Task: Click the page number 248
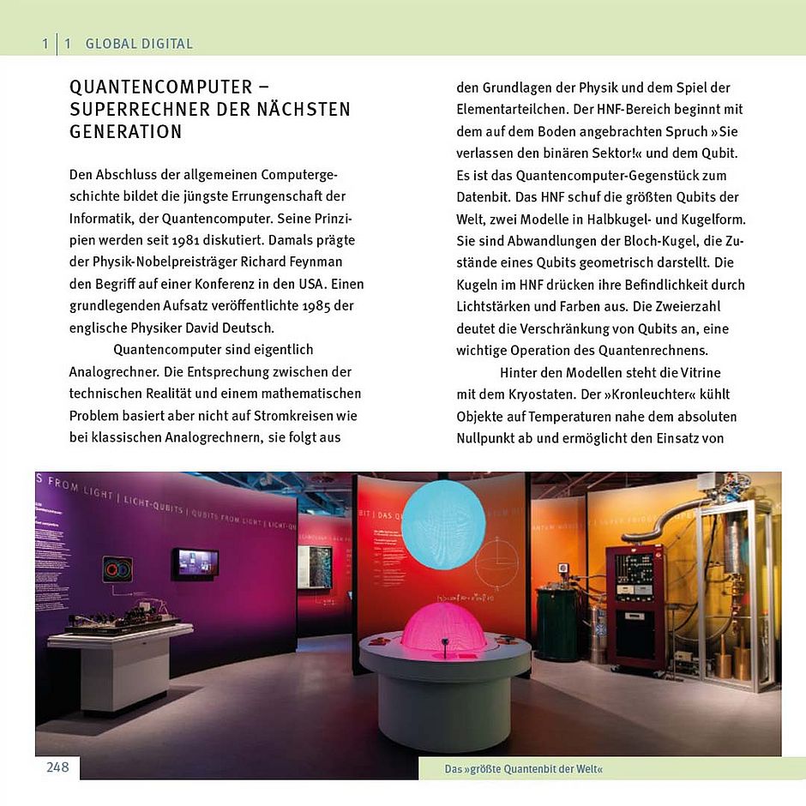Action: tap(57, 767)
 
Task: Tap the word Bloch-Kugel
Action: tap(649, 241)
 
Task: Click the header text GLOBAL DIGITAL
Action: tap(139, 44)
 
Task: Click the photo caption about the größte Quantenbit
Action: tap(523, 769)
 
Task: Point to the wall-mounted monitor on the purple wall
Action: tap(195, 563)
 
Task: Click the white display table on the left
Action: tap(120, 660)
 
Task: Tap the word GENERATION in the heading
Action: tap(125, 132)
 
